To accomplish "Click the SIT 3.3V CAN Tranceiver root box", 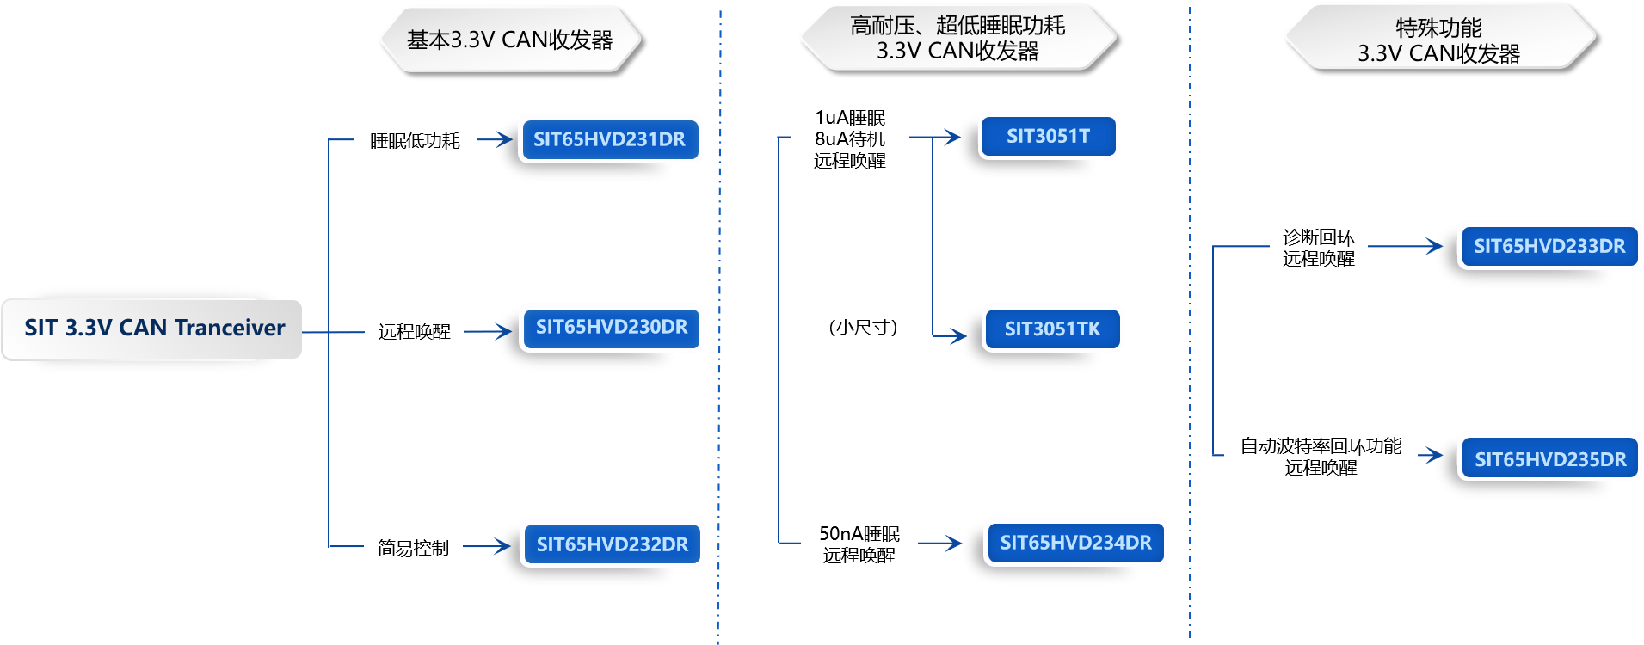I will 152,329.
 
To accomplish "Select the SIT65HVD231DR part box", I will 609,139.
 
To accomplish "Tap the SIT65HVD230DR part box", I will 611,328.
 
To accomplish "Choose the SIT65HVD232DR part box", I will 612,544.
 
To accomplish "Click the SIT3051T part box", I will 1048,136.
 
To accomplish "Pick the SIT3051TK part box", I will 1052,329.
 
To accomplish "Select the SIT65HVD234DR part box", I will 1075,543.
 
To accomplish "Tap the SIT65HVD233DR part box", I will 1549,246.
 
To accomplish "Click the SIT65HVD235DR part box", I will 1550,459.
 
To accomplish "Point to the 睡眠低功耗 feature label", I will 415,140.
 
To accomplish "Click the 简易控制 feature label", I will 413,548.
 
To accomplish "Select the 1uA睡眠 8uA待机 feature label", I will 850,138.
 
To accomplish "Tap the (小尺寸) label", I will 863,327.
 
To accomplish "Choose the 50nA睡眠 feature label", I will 859,544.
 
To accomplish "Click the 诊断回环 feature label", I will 1318,248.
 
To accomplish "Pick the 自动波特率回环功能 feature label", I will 1321,457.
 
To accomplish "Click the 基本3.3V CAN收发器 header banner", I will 509,40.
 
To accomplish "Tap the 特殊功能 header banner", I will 1438,40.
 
